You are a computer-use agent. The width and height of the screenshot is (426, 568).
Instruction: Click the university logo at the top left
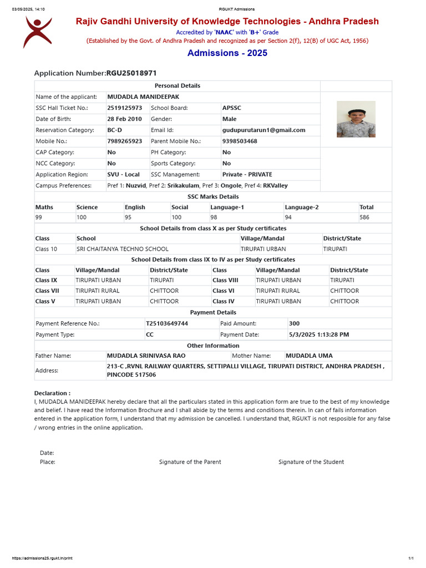pos(38,32)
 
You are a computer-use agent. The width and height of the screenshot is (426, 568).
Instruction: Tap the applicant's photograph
pos(356,119)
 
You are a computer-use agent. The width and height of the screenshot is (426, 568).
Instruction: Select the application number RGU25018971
pos(135,73)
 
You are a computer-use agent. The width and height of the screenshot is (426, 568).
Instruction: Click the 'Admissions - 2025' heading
pos(227,53)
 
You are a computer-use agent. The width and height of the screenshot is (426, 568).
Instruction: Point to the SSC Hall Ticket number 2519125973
pos(125,108)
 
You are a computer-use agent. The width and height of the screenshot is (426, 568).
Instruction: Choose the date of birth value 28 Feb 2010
pos(125,119)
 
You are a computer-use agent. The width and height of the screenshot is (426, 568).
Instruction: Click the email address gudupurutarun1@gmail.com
pos(264,130)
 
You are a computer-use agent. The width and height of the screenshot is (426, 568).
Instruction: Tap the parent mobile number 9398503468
pos(240,141)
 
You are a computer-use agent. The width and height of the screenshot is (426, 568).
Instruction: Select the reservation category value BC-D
pos(115,130)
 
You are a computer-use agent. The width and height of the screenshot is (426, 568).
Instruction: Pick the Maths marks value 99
pos(39,218)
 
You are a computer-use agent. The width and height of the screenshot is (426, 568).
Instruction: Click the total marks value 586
pos(364,218)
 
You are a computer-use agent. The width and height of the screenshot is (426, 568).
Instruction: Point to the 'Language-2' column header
pos(302,207)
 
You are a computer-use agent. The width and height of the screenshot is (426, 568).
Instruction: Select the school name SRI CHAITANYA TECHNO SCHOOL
pos(123,249)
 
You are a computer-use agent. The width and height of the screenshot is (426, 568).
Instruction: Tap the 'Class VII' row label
pos(47,291)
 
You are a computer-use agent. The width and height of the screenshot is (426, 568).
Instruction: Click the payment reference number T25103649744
pos(167,323)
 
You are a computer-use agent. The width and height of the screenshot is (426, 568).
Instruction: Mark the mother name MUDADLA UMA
pos(309,356)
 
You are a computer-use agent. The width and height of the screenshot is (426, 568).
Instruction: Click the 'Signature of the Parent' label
pos(190,462)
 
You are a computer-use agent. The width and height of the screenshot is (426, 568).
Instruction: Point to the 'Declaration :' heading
pos(52,393)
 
